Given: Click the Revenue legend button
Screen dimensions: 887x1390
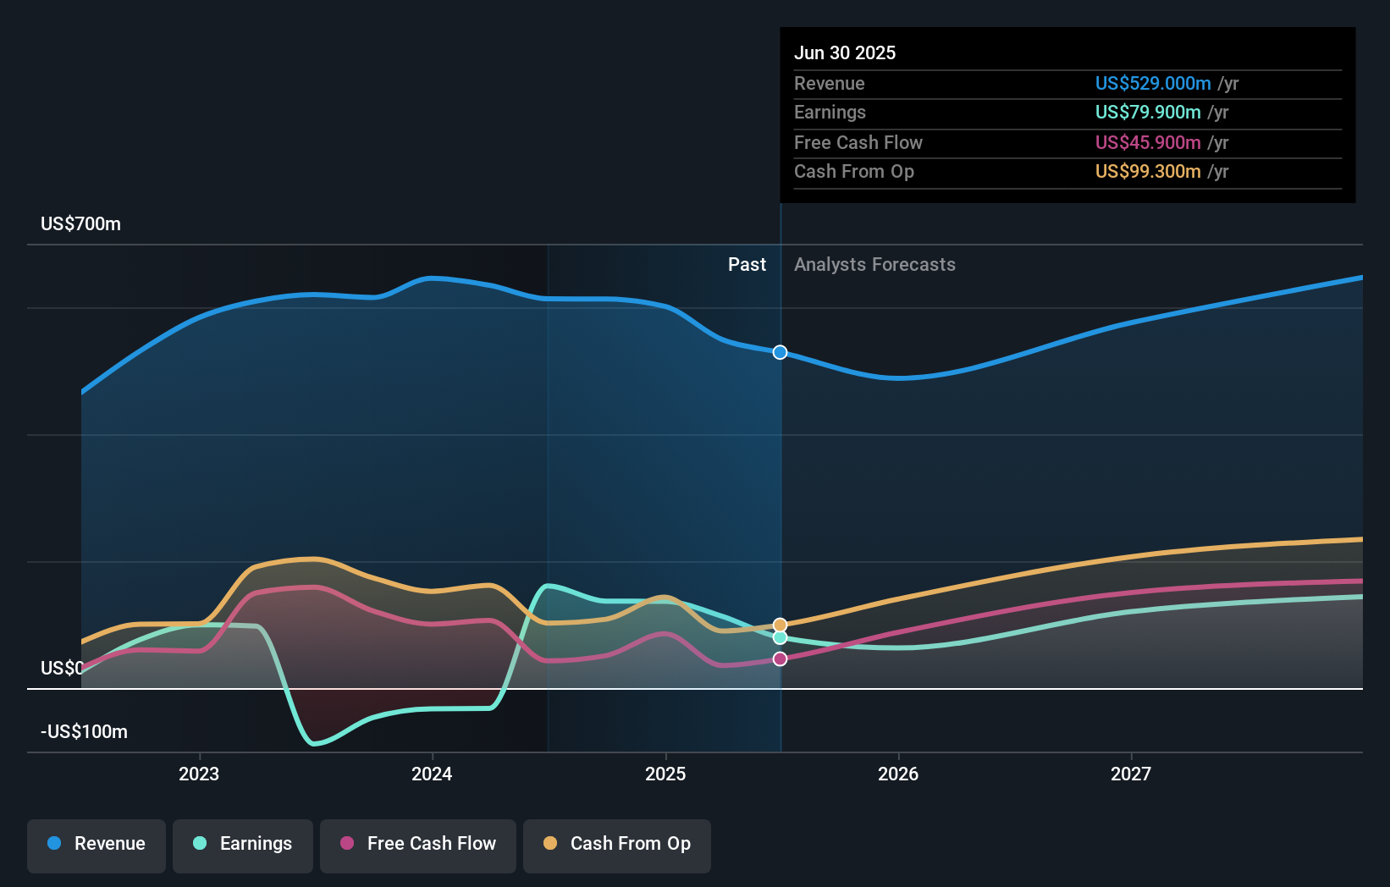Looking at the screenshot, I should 97,844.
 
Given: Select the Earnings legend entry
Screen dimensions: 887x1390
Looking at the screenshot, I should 243,844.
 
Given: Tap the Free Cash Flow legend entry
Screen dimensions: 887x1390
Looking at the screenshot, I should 418,844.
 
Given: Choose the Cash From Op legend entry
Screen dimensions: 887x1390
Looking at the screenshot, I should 617,844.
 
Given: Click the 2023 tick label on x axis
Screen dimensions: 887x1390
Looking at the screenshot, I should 199,774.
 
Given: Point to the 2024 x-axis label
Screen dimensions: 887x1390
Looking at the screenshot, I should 432,774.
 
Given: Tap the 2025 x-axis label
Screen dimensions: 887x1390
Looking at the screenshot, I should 665,774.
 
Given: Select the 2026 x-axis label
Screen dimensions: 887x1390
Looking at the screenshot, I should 898,774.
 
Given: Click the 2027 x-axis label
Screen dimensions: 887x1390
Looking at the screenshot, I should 1131,774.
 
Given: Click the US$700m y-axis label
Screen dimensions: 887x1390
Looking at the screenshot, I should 80,224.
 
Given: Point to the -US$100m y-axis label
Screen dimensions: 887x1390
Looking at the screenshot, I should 84,732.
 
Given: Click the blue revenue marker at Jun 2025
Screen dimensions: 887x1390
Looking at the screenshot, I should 780,352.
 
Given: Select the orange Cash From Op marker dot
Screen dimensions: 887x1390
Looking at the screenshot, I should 780,625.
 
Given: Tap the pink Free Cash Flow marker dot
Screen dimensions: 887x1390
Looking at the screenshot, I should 780,658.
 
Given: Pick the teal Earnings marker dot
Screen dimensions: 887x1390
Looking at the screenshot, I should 780,637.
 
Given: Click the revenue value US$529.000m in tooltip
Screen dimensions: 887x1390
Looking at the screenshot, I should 1152,84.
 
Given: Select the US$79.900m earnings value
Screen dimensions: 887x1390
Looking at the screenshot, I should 1147,113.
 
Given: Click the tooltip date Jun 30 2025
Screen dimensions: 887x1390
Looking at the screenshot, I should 844,52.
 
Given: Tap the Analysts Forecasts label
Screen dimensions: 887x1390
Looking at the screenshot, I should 874,265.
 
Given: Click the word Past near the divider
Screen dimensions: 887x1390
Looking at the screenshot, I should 747,265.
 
